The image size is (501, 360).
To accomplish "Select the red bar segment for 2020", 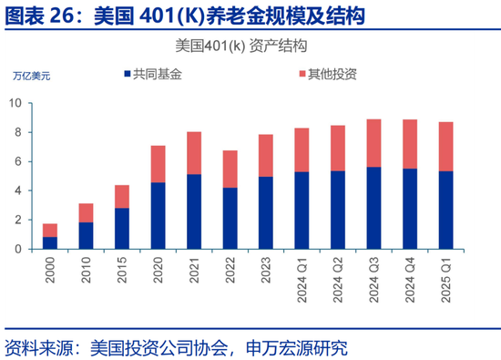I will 158,164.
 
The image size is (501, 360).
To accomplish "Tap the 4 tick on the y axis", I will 30,190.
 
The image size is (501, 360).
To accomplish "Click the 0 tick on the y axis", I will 30,249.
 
